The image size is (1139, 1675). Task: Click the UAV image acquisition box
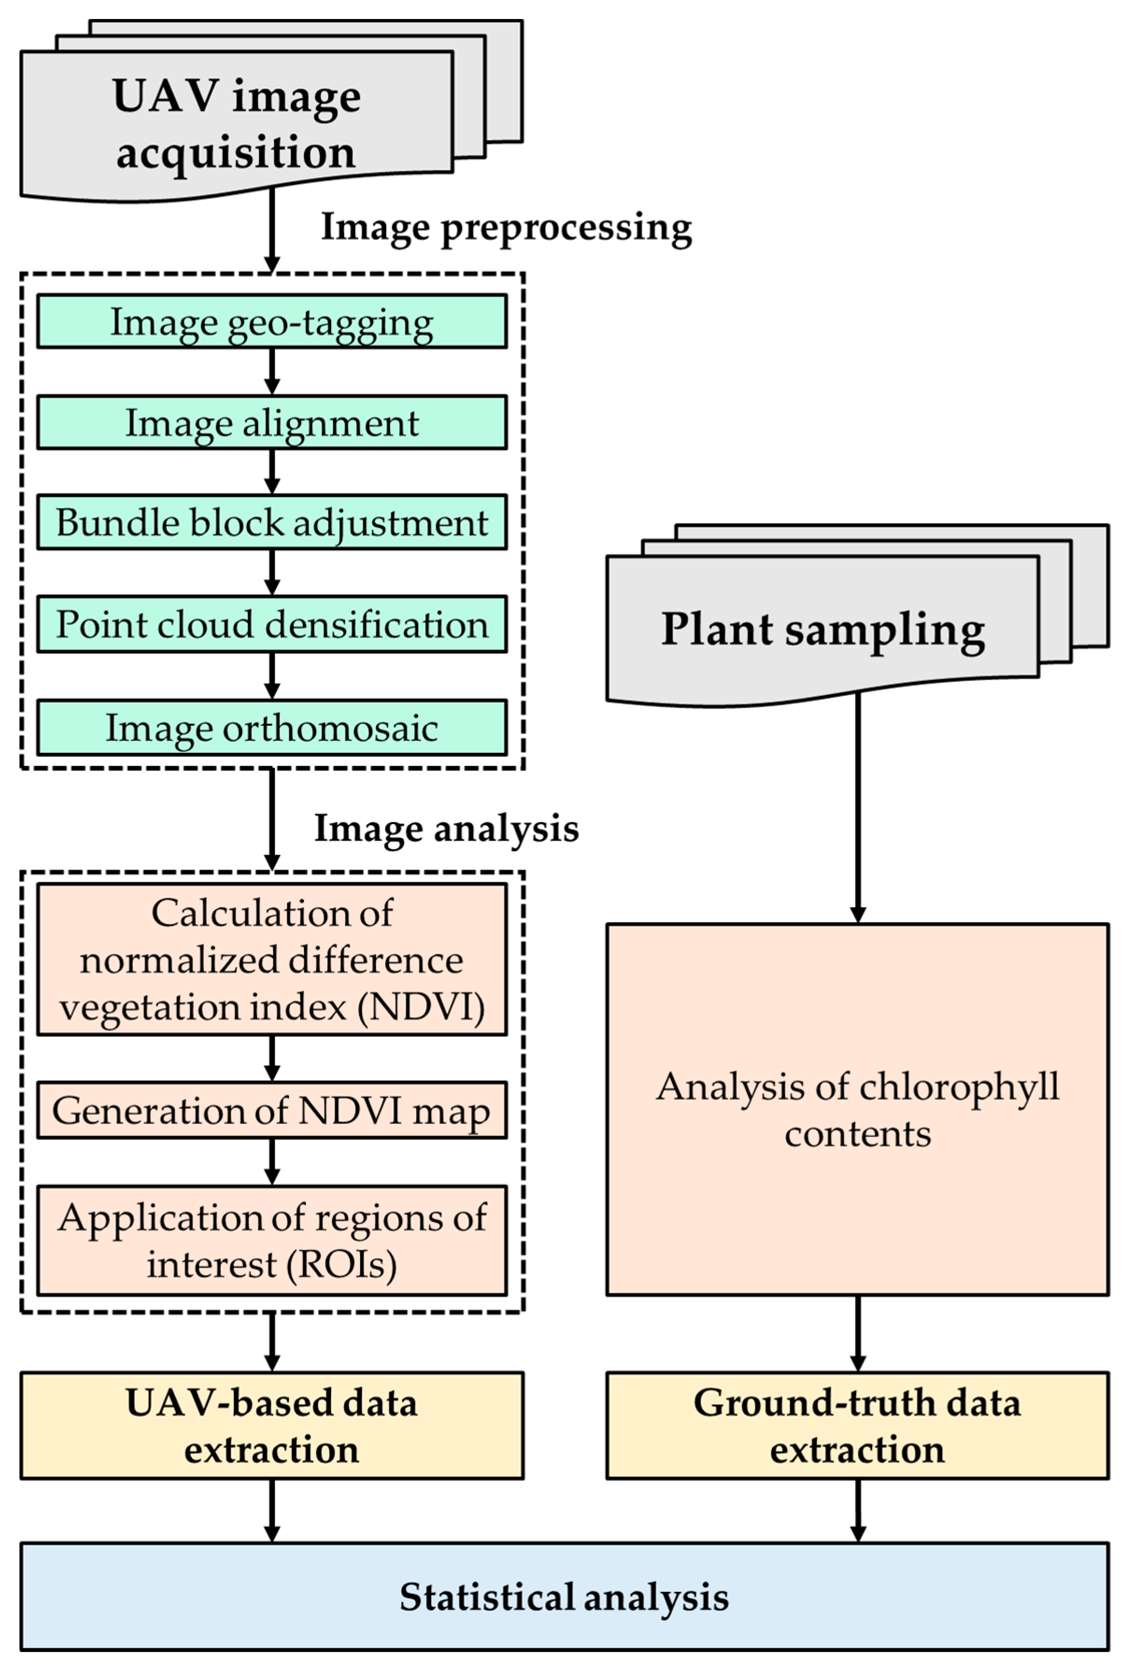point(237,123)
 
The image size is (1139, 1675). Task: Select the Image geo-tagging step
point(272,322)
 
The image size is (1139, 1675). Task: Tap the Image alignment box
point(272,422)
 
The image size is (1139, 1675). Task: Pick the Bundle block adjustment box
point(272,522)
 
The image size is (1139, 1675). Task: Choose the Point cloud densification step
point(272,624)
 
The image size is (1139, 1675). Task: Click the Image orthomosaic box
point(272,727)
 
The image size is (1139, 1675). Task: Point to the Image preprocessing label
point(506,228)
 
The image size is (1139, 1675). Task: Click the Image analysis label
point(446,829)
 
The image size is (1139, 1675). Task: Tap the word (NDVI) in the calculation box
point(422,1007)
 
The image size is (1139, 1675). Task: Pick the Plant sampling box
point(822,630)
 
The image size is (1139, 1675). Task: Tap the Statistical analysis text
point(564,1597)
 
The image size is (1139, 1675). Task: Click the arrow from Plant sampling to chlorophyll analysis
point(858,808)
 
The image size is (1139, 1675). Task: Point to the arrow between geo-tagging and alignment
point(272,371)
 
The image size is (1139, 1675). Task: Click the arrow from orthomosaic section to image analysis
point(272,820)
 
